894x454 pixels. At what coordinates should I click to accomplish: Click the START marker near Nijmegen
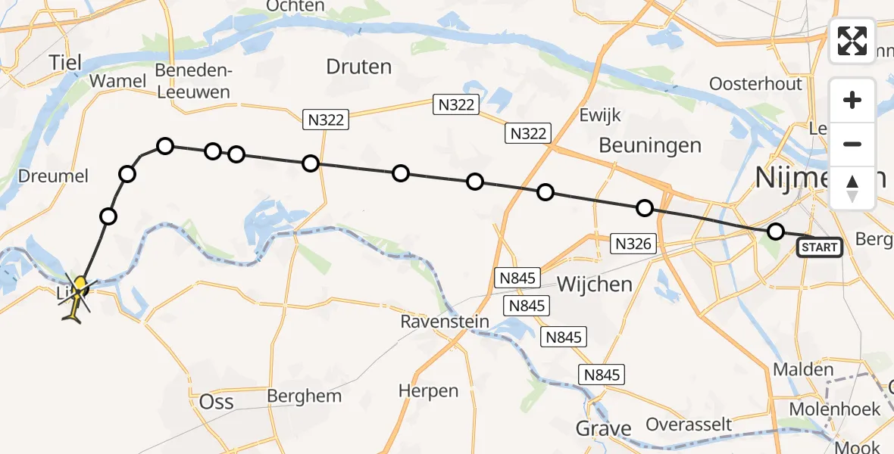tap(819, 247)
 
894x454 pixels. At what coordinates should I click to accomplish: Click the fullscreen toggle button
tap(852, 41)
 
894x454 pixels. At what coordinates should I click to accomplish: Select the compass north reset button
tap(852, 188)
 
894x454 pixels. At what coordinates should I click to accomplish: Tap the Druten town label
tap(358, 67)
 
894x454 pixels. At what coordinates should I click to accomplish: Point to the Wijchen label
tap(594, 285)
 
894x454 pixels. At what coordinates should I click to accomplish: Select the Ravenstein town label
tap(445, 322)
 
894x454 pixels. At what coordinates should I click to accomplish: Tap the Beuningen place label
tap(650, 145)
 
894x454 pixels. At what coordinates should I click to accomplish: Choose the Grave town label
tap(604, 428)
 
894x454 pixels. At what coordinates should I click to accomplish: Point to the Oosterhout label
tap(756, 83)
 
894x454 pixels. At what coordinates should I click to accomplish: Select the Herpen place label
tap(428, 391)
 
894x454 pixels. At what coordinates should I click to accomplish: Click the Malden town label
tap(803, 371)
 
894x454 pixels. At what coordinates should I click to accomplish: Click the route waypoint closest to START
tap(775, 232)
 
